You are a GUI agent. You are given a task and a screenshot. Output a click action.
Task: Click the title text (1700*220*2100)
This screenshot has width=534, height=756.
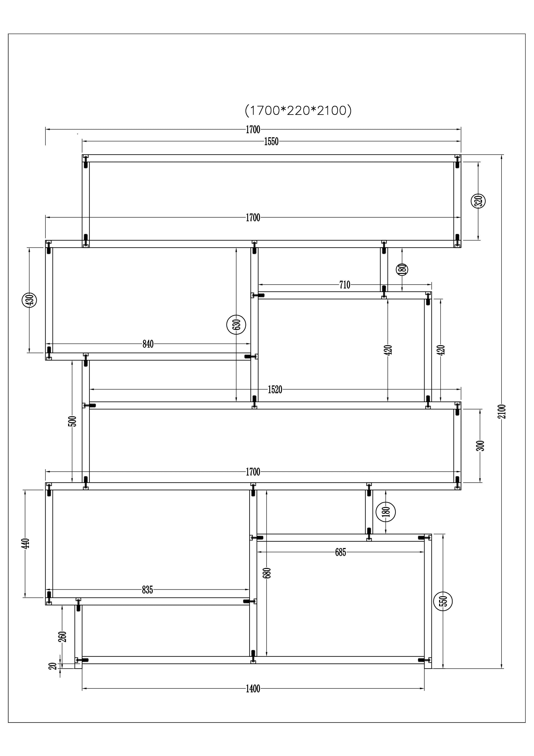pyautogui.click(x=298, y=110)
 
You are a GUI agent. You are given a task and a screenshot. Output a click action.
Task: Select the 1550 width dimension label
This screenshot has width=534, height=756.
pyautogui.click(x=271, y=142)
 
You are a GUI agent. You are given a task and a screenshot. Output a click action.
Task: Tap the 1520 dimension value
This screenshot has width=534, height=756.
pyautogui.click(x=275, y=389)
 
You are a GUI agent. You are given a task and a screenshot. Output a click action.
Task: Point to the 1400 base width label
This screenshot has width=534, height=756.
pyautogui.click(x=253, y=689)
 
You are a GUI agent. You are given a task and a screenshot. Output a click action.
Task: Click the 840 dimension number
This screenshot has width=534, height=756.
pyautogui.click(x=148, y=344)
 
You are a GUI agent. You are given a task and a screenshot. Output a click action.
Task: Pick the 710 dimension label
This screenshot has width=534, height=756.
pyautogui.click(x=345, y=285)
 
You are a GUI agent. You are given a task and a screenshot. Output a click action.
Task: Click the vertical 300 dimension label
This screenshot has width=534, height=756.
pyautogui.click(x=481, y=446)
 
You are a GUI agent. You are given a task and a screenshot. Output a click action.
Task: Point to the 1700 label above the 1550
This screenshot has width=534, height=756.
pyautogui.click(x=253, y=130)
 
